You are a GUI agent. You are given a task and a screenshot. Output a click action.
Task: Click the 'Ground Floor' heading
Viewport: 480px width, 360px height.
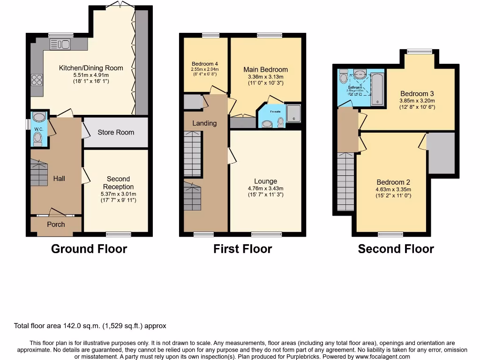89,248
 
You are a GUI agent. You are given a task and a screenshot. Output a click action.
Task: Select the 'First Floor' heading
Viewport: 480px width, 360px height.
242,248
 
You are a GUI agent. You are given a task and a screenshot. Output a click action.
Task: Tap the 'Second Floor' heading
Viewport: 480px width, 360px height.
396,248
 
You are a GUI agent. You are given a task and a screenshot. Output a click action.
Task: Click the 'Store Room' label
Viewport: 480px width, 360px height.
116,132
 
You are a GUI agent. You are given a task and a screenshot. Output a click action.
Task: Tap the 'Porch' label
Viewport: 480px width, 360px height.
56,225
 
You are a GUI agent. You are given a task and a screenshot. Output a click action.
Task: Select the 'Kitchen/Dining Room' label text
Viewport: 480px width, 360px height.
91,68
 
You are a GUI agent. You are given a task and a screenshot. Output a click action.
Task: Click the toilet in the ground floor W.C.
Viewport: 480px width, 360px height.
38,138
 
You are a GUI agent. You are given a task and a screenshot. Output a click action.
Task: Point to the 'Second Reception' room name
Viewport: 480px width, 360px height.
118,182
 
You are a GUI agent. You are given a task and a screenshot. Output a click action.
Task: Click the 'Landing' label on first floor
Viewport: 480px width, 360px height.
204,123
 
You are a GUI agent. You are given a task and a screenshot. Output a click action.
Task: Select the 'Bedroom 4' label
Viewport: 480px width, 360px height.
205,64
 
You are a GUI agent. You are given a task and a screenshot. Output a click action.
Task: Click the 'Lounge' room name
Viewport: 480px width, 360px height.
265,181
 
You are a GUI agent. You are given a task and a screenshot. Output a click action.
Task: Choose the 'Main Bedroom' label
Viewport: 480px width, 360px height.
265,69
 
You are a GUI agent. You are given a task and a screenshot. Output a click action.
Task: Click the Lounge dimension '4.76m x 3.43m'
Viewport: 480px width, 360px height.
265,188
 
